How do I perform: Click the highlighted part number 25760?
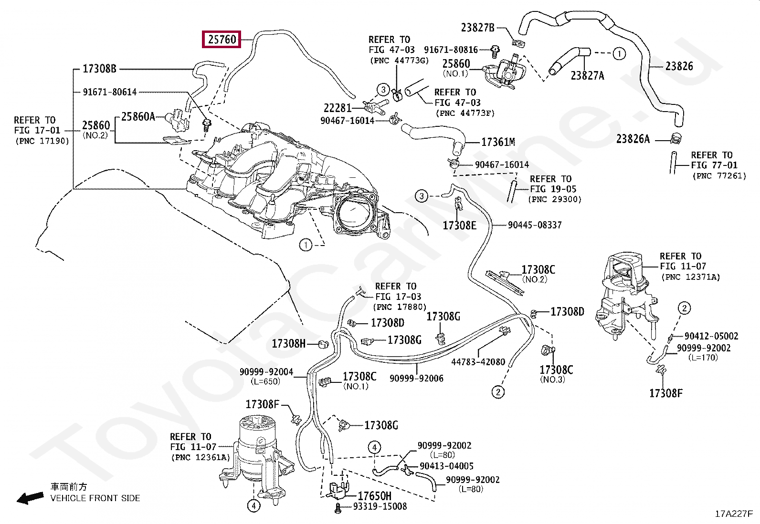(222, 39)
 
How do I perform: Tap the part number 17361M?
(498, 142)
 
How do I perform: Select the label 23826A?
(633, 139)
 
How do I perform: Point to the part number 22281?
(337, 108)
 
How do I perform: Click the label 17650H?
(375, 496)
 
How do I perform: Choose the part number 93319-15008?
(380, 506)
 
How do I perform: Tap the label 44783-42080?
(478, 362)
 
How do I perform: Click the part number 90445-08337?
(535, 225)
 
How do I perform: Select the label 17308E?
(459, 226)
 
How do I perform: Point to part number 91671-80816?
(451, 50)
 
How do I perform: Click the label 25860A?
(138, 117)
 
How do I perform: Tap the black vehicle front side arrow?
(30, 498)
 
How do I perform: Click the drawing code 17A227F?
(734, 514)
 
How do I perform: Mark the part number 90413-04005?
(446, 466)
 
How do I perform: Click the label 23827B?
(478, 28)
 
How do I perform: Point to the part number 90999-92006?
(416, 378)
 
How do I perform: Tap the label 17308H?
(289, 344)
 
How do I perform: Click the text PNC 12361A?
(201, 458)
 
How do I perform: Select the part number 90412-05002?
(711, 336)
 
